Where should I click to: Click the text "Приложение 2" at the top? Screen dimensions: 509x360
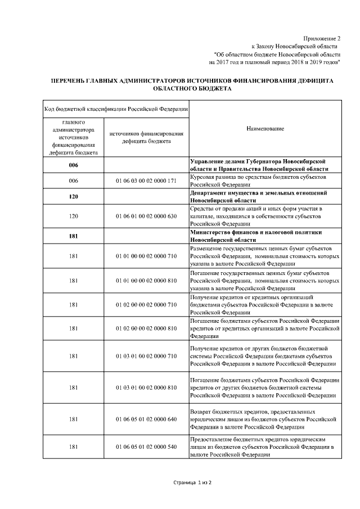(x=322, y=37)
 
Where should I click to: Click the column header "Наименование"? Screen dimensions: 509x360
(x=265, y=129)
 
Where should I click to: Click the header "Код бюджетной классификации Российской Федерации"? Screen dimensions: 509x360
(x=116, y=109)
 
